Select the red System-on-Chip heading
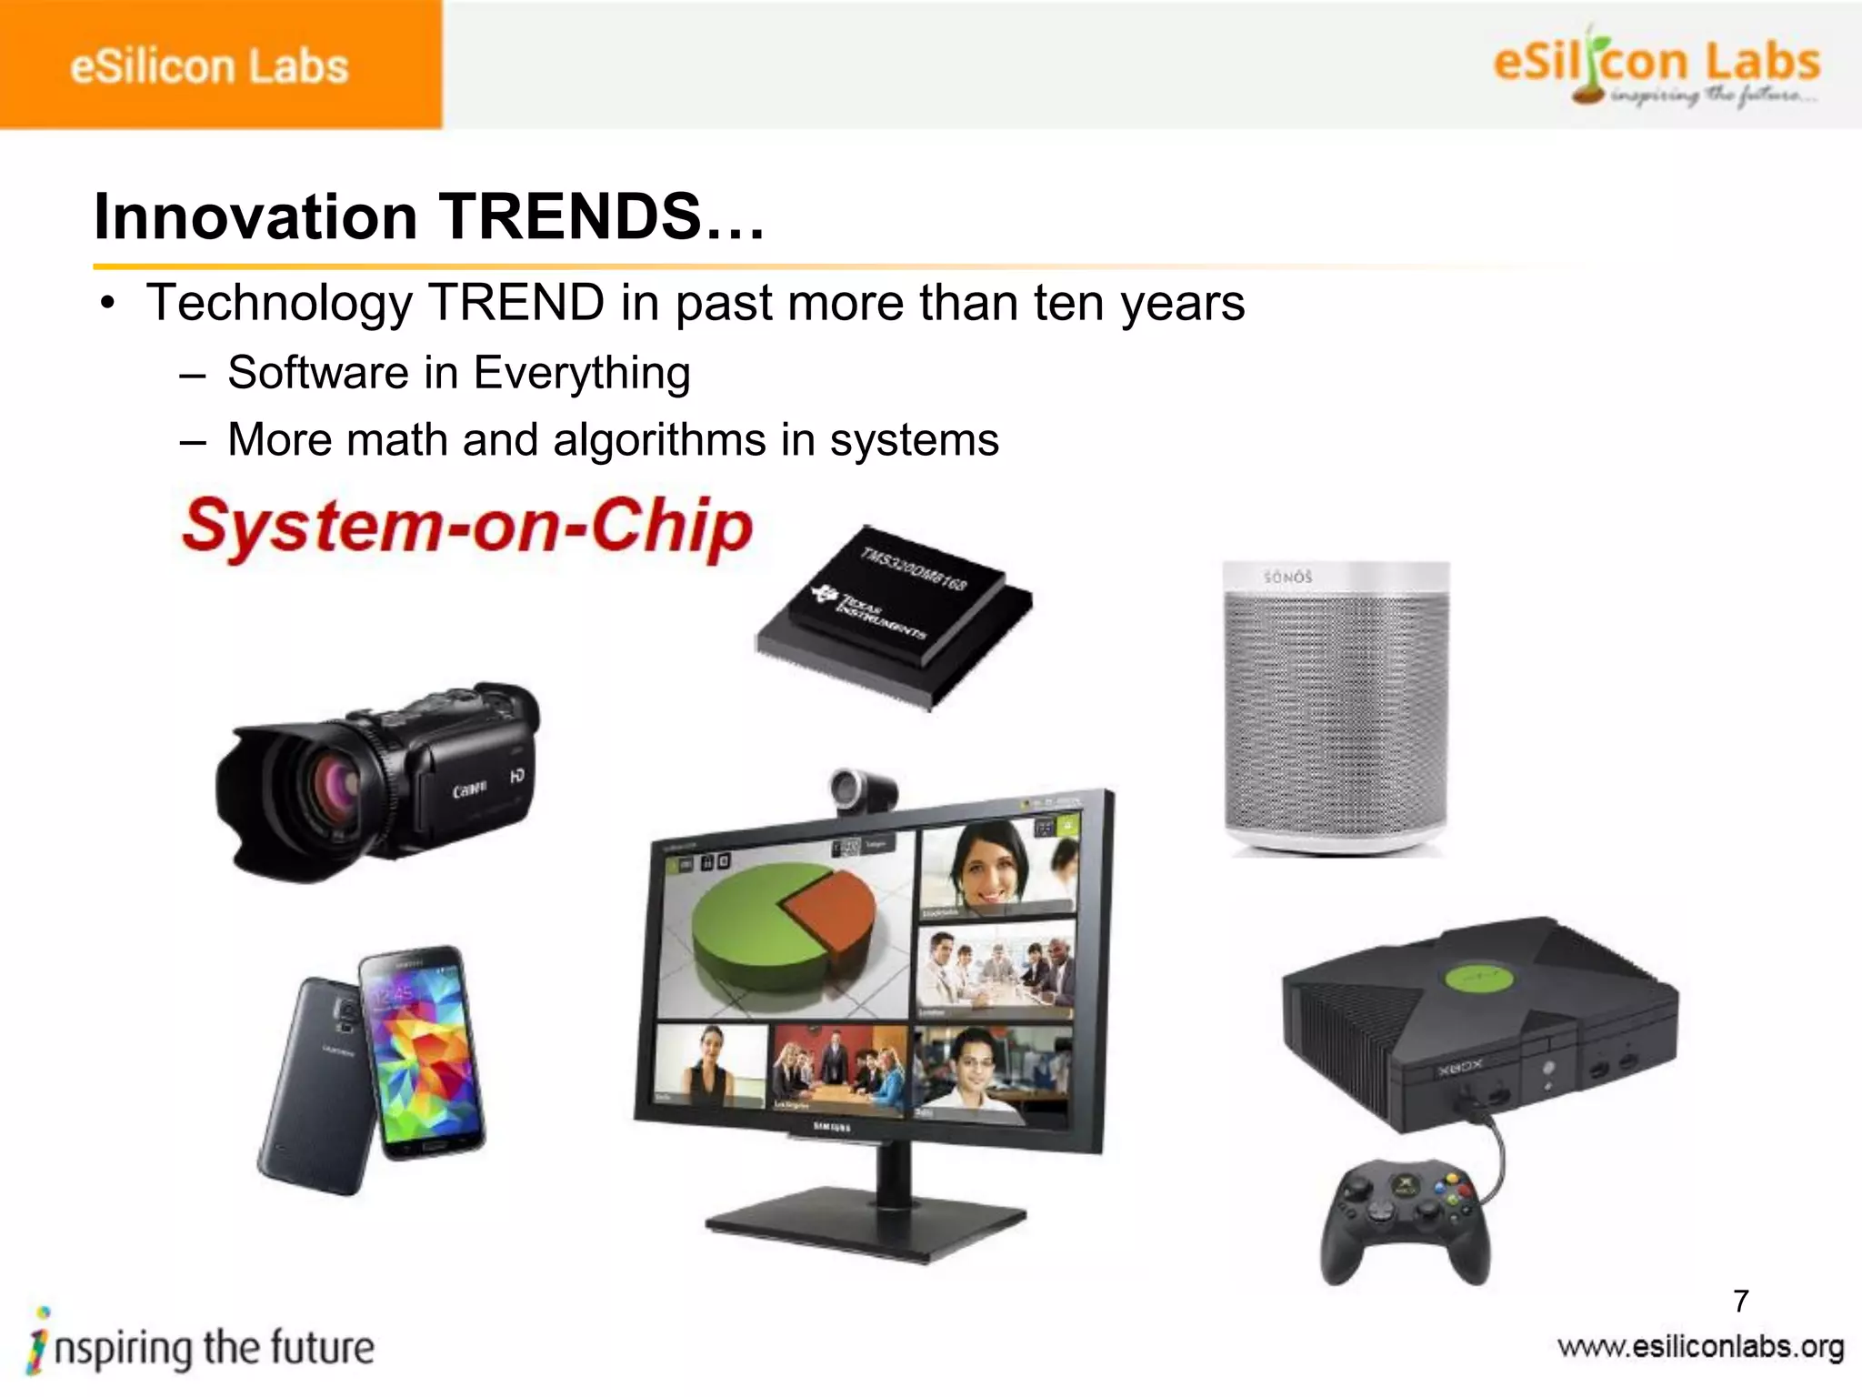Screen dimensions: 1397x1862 click(x=467, y=527)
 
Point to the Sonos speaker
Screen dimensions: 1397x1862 click(x=1335, y=709)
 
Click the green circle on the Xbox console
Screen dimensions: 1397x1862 click(x=1479, y=980)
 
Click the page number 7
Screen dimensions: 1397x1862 click(x=1741, y=1302)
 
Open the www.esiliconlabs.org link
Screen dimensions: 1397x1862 click(x=1700, y=1347)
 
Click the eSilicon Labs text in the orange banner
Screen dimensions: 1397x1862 click(x=209, y=66)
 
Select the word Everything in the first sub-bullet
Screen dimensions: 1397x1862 click(x=582, y=374)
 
